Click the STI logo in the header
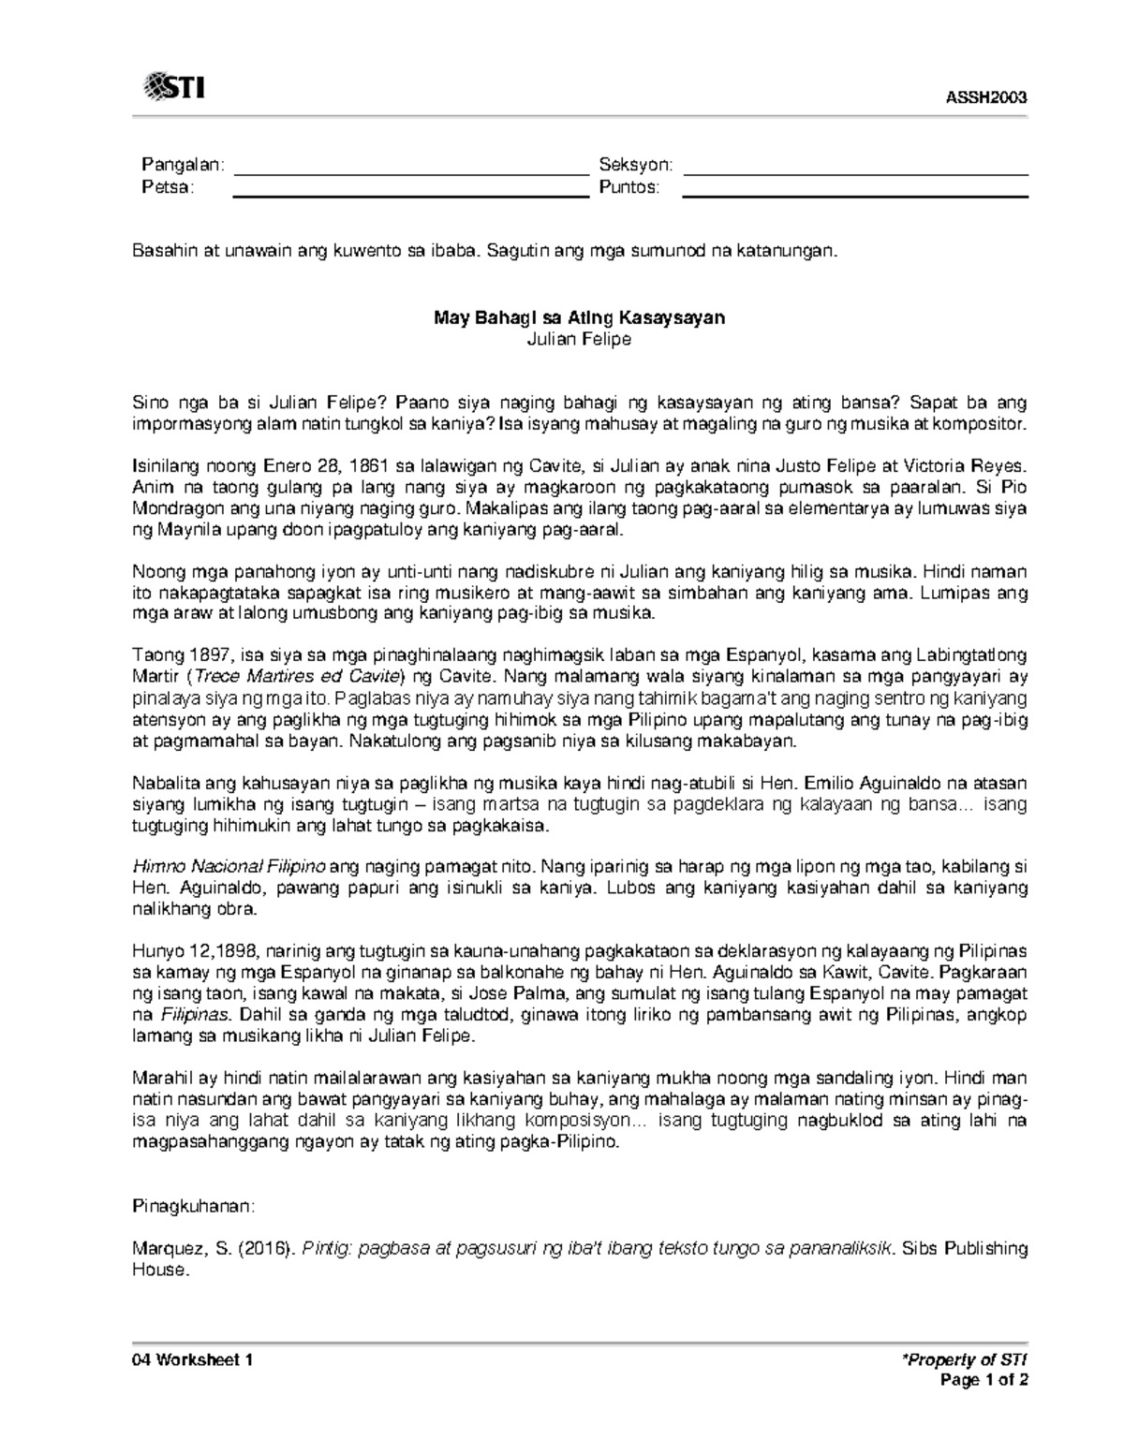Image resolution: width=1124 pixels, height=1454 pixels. [x=174, y=88]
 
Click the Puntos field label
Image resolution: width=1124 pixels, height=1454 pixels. [x=629, y=187]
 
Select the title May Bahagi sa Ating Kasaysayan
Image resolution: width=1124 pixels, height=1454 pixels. [x=578, y=317]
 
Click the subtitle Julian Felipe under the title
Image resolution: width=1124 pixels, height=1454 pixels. [x=578, y=339]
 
